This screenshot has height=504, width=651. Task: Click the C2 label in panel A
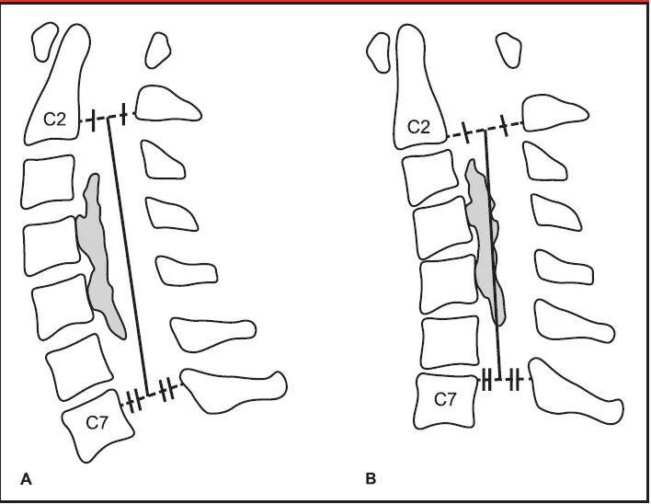(x=55, y=119)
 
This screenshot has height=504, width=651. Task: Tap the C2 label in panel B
(x=418, y=127)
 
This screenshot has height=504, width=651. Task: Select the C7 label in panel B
(x=445, y=399)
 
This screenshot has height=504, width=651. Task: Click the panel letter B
(x=371, y=478)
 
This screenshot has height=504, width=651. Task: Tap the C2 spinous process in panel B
(x=556, y=114)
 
